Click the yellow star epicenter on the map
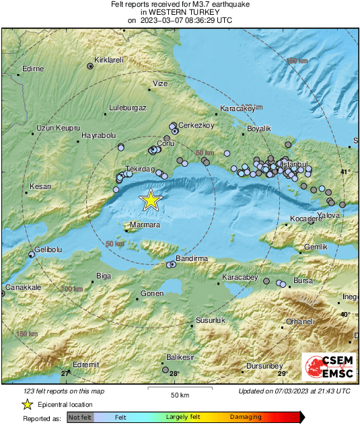(x=151, y=199)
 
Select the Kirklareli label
(x=109, y=60)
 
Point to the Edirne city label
(x=33, y=69)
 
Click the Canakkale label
(x=24, y=287)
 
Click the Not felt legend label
(x=80, y=417)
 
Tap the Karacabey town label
(x=240, y=276)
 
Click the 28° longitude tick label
(x=174, y=373)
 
